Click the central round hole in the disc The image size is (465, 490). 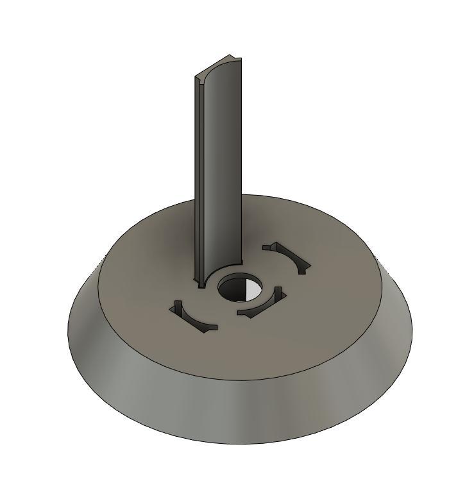point(240,288)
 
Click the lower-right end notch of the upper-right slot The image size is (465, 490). point(303,267)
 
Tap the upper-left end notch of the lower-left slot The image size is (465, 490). point(176,307)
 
